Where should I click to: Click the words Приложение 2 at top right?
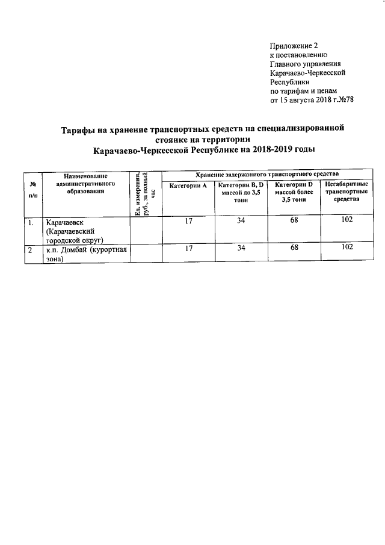click(295, 46)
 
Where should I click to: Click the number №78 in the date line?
click(342, 99)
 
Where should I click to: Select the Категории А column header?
click(188, 186)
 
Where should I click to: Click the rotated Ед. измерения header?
click(146, 193)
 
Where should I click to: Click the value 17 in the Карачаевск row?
click(188, 222)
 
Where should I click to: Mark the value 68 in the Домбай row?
click(293, 248)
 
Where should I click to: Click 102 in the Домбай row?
click(346, 248)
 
